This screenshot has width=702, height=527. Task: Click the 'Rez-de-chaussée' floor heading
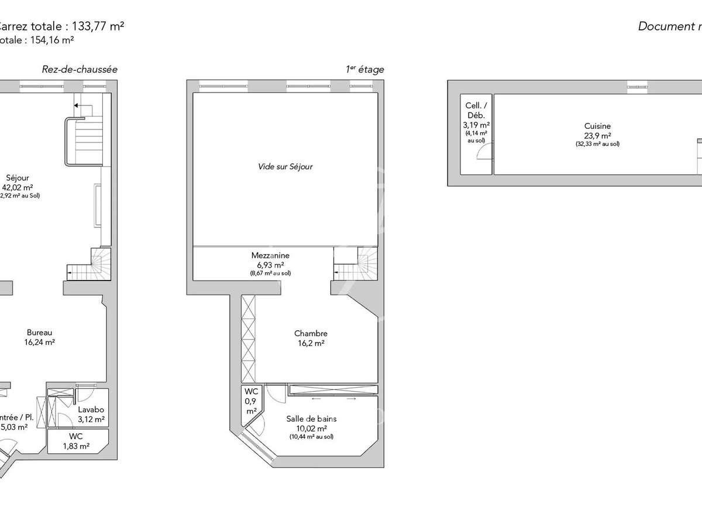click(x=80, y=69)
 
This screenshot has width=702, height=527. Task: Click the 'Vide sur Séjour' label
click(x=285, y=166)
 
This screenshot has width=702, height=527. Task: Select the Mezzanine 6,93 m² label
click(x=270, y=260)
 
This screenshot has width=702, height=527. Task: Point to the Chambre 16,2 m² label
click(x=311, y=338)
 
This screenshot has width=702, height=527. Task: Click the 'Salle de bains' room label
click(x=311, y=419)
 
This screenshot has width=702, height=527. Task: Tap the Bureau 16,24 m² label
click(x=40, y=337)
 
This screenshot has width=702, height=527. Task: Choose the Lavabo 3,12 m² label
click(x=91, y=415)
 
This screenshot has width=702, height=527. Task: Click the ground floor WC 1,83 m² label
click(x=76, y=441)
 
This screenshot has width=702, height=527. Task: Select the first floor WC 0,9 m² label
click(x=251, y=401)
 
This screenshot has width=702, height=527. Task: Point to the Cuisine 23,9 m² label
click(x=597, y=130)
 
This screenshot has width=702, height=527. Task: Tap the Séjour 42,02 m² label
click(x=18, y=183)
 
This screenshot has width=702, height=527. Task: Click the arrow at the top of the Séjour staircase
click(x=77, y=106)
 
